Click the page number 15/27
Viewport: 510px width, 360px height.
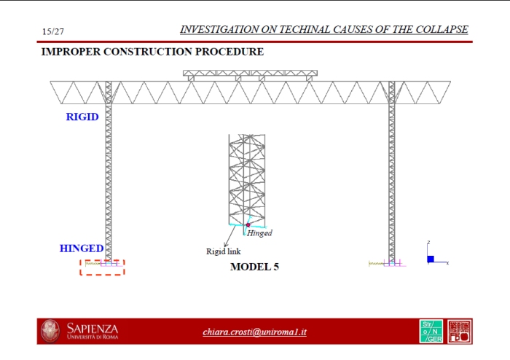click(53, 31)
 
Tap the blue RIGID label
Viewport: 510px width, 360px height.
click(82, 117)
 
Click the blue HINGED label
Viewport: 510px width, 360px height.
click(81, 249)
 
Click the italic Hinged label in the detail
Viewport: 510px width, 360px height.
click(259, 233)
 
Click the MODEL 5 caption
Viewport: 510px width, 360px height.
click(254, 267)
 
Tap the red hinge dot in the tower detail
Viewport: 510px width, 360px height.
click(248, 225)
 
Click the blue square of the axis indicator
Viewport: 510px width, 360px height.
click(431, 259)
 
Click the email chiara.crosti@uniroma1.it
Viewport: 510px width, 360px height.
click(254, 332)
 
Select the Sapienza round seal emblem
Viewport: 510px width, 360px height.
click(51, 331)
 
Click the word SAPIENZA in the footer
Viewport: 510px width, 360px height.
click(92, 329)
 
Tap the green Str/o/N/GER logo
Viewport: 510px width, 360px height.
click(431, 332)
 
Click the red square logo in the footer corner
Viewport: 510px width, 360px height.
click(460, 332)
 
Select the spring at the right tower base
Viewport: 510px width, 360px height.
click(377, 263)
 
